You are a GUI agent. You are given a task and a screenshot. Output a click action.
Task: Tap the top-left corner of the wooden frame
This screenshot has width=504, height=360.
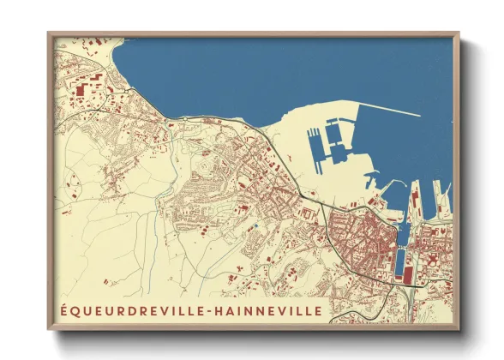(x=49, y=33)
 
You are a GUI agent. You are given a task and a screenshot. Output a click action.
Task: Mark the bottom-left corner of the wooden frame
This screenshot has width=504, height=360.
(x=49, y=329)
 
